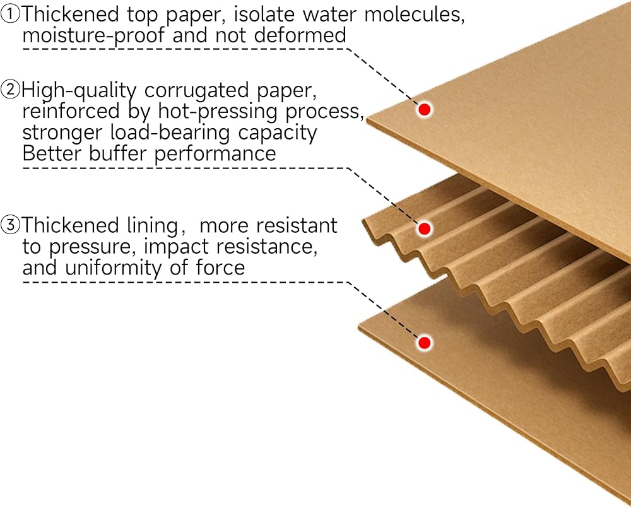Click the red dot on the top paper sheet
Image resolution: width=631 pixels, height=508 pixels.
[425, 109]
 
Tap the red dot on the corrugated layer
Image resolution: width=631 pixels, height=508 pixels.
[425, 228]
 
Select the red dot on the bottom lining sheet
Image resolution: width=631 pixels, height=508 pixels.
[425, 342]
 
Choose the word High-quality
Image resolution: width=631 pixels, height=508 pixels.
[79, 91]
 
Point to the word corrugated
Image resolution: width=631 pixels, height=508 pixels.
[198, 91]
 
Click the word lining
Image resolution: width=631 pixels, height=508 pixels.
[160, 225]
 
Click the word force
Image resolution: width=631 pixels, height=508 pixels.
[220, 268]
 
